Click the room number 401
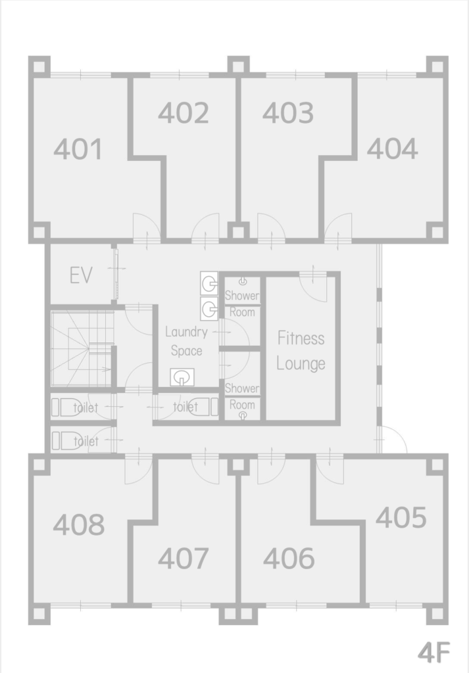pos(78,149)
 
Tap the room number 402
pos(184,113)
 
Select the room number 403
pos(288,113)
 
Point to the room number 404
pos(393,149)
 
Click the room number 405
pos(401,517)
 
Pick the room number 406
pos(289,559)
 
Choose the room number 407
pos(184,559)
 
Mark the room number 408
pos(78,524)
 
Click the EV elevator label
pos(81,275)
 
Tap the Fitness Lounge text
pos(301,351)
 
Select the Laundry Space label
pos(186,341)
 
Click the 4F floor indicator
pos(433,653)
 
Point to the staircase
pos(82,348)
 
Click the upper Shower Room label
pos(242,304)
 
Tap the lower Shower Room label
pos(242,396)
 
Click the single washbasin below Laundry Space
pos(182,377)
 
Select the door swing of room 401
pos(147,227)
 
